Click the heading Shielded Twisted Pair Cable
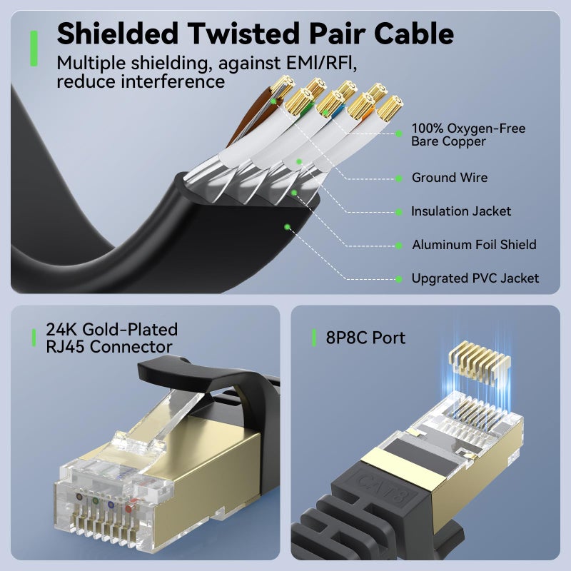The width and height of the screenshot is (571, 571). tap(255, 33)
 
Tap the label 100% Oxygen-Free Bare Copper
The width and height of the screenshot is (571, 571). tap(468, 135)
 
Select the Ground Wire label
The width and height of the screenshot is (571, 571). tap(450, 178)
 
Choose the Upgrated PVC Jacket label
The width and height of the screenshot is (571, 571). tap(475, 278)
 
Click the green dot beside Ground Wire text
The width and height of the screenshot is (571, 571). tap(399, 178)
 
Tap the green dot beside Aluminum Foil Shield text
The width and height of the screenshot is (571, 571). tap(399, 245)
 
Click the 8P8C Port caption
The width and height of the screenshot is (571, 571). tap(365, 338)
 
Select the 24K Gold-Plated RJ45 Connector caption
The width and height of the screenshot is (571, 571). tap(111, 338)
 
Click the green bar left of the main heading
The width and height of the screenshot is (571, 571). tap(34, 48)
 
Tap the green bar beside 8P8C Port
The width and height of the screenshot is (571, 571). tap(314, 338)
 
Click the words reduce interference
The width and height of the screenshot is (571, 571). tap(141, 81)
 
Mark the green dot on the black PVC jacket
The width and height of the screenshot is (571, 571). tap(287, 227)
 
